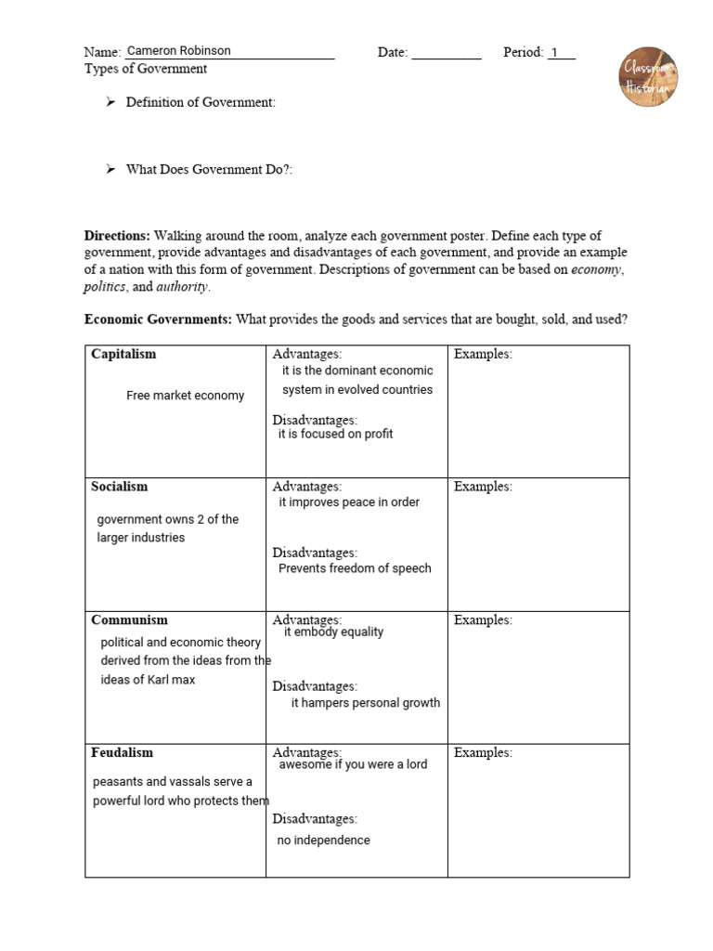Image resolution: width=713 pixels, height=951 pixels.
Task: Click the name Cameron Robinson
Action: pyautogui.click(x=178, y=51)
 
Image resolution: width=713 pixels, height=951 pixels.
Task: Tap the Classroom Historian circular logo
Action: pyautogui.click(x=648, y=77)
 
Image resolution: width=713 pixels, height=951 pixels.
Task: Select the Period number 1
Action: pyautogui.click(x=555, y=52)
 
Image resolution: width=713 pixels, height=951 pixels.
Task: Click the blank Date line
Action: pyautogui.click(x=446, y=54)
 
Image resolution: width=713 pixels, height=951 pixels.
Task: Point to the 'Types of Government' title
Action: pyautogui.click(x=146, y=69)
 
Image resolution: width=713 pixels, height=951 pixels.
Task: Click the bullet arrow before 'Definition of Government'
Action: pyautogui.click(x=110, y=102)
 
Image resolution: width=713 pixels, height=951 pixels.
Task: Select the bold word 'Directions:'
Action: pyautogui.click(x=117, y=236)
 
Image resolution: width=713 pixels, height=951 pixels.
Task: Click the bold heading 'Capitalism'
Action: pyautogui.click(x=123, y=354)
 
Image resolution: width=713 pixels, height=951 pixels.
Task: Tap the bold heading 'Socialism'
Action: pyautogui.click(x=119, y=487)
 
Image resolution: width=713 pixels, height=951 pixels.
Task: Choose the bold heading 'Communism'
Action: pyautogui.click(x=129, y=619)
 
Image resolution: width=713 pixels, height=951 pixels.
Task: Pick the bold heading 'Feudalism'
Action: pyautogui.click(x=122, y=752)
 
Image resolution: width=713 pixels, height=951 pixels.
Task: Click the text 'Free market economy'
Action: pyautogui.click(x=185, y=396)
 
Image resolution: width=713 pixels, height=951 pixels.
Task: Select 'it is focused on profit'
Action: pyautogui.click(x=335, y=434)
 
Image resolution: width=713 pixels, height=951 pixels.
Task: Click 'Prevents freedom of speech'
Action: pyautogui.click(x=355, y=568)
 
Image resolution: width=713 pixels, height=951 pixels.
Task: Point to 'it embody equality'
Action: pyautogui.click(x=333, y=632)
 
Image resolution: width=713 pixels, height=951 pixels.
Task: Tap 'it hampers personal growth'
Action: pyautogui.click(x=366, y=703)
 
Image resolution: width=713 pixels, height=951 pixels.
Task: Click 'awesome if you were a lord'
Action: pyautogui.click(x=353, y=764)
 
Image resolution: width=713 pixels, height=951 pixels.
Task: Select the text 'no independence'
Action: pyautogui.click(x=323, y=840)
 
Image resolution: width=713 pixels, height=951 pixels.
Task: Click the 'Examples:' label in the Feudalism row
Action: pyautogui.click(x=483, y=752)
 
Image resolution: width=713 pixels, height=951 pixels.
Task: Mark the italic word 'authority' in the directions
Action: pyautogui.click(x=181, y=287)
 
